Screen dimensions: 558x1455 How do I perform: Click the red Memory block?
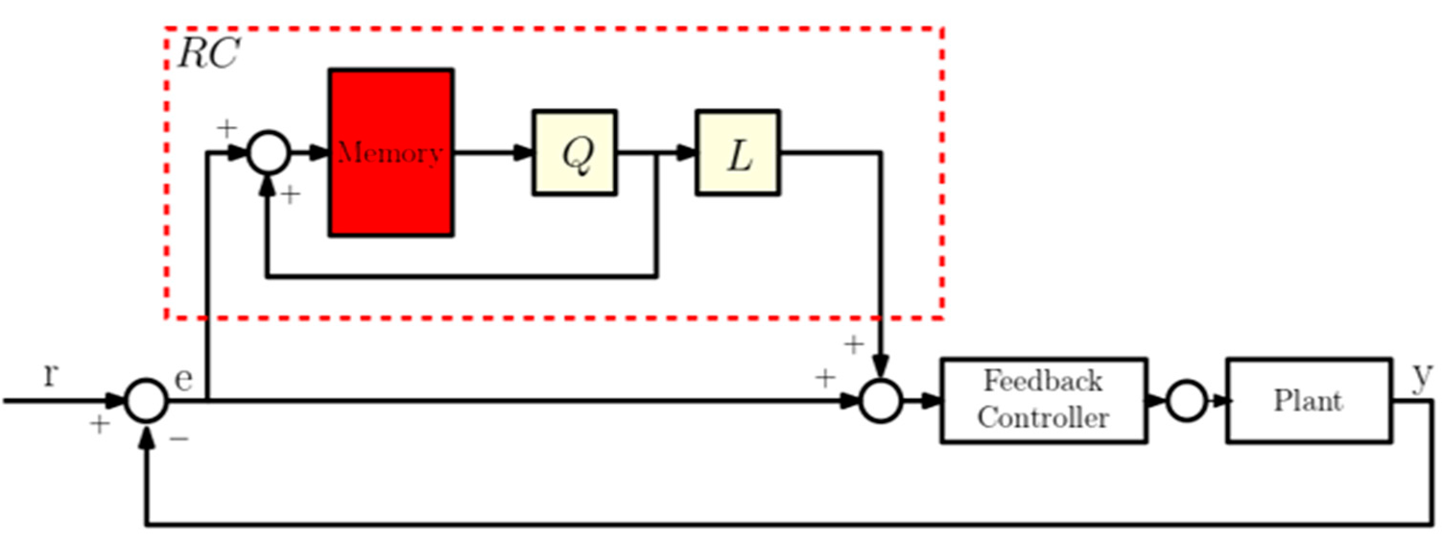coord(391,153)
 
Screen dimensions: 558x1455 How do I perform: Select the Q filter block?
coord(574,153)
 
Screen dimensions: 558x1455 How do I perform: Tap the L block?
coord(738,153)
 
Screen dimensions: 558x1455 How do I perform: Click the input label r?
coord(51,374)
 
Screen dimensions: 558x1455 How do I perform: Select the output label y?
coord(1422,376)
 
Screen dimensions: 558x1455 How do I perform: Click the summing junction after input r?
coord(146,400)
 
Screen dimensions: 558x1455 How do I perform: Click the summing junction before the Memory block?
coord(269,152)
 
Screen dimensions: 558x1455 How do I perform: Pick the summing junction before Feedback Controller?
coord(881,400)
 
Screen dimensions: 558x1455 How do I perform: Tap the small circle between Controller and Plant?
coord(1187,400)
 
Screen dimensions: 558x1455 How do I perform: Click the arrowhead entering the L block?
coord(686,152)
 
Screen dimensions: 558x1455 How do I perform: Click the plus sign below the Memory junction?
coord(290,195)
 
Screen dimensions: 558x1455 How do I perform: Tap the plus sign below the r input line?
coord(99,424)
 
